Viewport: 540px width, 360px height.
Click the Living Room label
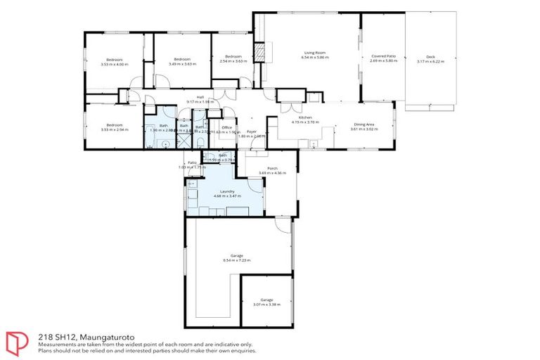click(314, 53)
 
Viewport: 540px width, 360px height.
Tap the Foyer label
click(251, 131)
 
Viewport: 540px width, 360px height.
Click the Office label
click(226, 127)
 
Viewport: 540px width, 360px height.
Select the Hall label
click(200, 97)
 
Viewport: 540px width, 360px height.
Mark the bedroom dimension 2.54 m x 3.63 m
click(233, 61)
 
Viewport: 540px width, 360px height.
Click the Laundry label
click(226, 191)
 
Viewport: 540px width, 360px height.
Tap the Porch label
click(272, 168)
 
